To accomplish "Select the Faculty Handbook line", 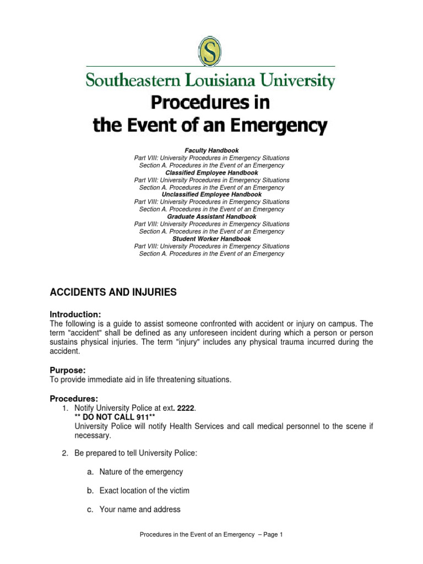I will point(211,150).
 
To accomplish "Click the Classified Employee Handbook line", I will point(211,173).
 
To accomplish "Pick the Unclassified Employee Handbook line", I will point(211,195).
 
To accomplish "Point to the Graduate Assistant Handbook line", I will point(211,217).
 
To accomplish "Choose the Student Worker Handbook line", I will point(211,239).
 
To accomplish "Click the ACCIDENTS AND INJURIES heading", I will point(113,292).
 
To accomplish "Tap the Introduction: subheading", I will point(75,314).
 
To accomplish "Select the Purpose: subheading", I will point(68,371).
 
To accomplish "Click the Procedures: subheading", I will point(74,398).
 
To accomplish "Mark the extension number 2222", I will point(186,408).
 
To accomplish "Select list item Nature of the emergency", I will point(141,472).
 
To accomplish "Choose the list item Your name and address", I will point(140,509).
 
